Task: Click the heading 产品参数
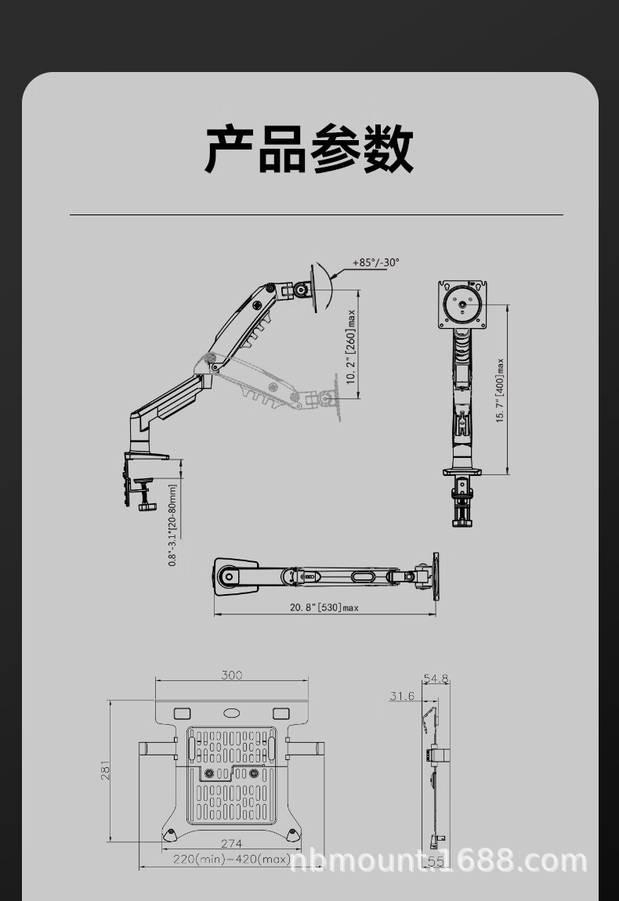(309, 149)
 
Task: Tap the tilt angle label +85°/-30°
(375, 262)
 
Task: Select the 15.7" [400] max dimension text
(500, 391)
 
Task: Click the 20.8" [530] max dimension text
(324, 607)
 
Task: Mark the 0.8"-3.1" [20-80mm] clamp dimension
(172, 524)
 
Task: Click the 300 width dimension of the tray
(231, 675)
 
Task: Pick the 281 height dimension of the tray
(105, 771)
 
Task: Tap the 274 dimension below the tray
(231, 843)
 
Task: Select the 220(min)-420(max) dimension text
(232, 859)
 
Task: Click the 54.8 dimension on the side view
(436, 678)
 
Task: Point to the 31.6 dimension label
(402, 696)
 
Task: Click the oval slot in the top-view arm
(363, 576)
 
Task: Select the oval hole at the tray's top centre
(232, 713)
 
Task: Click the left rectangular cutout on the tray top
(181, 713)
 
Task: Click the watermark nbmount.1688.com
(439, 861)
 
